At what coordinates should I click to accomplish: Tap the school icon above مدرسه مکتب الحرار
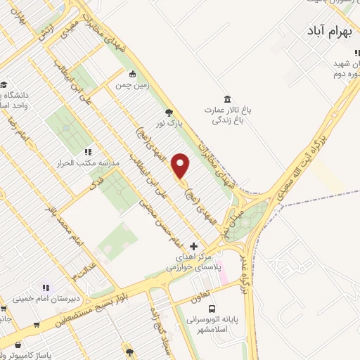(87, 151)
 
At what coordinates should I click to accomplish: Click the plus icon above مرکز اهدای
(194, 246)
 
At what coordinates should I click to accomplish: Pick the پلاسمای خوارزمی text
(194, 268)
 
